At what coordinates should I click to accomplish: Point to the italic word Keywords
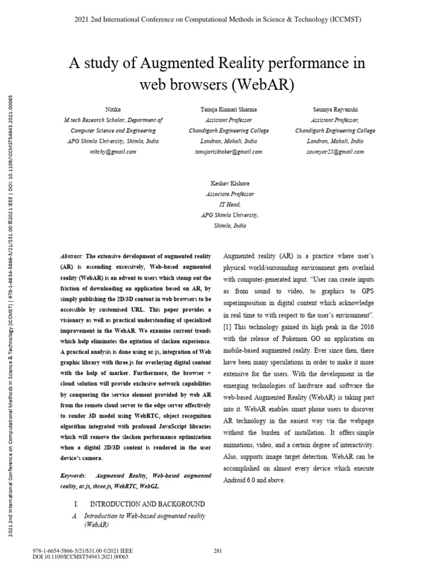(x=73, y=475)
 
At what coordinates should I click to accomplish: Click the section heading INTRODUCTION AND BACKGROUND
(x=148, y=504)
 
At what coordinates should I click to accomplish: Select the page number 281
(x=218, y=551)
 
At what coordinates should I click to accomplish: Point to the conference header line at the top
(x=218, y=19)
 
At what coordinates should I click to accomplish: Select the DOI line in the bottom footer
(x=81, y=557)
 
